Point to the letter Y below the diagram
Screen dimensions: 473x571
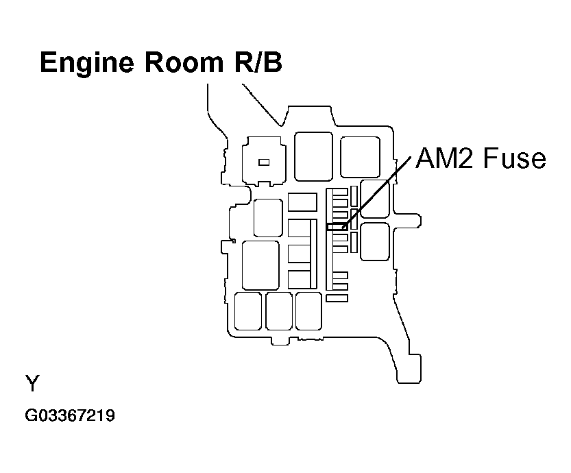32,383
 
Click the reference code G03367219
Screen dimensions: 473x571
69,415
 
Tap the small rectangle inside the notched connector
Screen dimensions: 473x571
263,162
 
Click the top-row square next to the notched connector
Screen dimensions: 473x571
313,156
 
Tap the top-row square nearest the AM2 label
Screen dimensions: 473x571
360,157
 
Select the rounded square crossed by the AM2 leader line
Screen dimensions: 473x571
374,199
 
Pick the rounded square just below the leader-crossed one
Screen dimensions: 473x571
374,241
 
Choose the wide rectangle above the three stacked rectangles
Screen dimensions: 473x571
302,202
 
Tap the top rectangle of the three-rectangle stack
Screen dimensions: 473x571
300,228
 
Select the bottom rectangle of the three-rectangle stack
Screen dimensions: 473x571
300,279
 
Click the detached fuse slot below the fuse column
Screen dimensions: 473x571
337,298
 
